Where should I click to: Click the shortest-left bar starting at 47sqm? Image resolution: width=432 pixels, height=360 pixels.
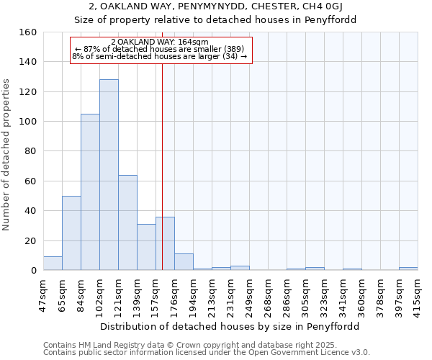point(53,264)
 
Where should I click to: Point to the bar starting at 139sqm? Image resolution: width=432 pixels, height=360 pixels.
point(146,247)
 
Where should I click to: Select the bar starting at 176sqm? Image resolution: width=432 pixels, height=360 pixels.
point(184,262)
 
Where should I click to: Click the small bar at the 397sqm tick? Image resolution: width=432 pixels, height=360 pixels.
point(408,269)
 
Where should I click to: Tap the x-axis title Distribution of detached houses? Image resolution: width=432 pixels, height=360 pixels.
point(230,326)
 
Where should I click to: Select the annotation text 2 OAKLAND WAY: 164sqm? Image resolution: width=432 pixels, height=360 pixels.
point(160,42)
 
